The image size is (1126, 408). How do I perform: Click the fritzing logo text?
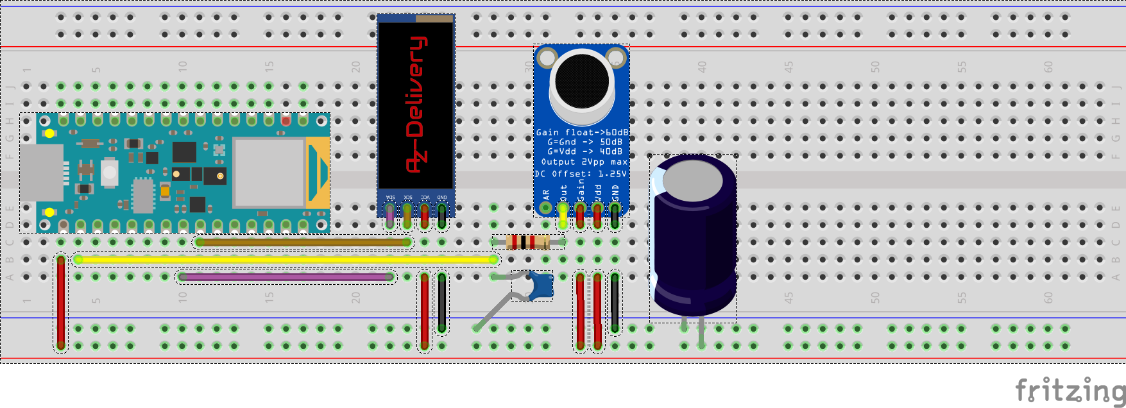point(1070,389)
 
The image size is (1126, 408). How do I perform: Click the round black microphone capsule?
point(581,81)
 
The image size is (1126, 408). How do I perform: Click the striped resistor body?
point(527,242)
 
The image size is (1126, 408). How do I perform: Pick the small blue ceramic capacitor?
point(541,285)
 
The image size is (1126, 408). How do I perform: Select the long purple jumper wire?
point(286,277)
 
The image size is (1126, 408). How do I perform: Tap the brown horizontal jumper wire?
point(303,242)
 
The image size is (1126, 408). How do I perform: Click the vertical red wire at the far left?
point(61,302)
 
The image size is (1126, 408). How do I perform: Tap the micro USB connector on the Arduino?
point(42,173)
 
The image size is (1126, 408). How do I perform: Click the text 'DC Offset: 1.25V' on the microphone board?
point(581,174)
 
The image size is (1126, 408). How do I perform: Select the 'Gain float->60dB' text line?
point(582,132)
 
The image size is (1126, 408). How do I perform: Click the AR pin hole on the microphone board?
point(545,207)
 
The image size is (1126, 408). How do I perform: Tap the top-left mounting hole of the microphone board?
point(547,58)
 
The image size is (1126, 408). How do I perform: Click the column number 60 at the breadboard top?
point(1048,66)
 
